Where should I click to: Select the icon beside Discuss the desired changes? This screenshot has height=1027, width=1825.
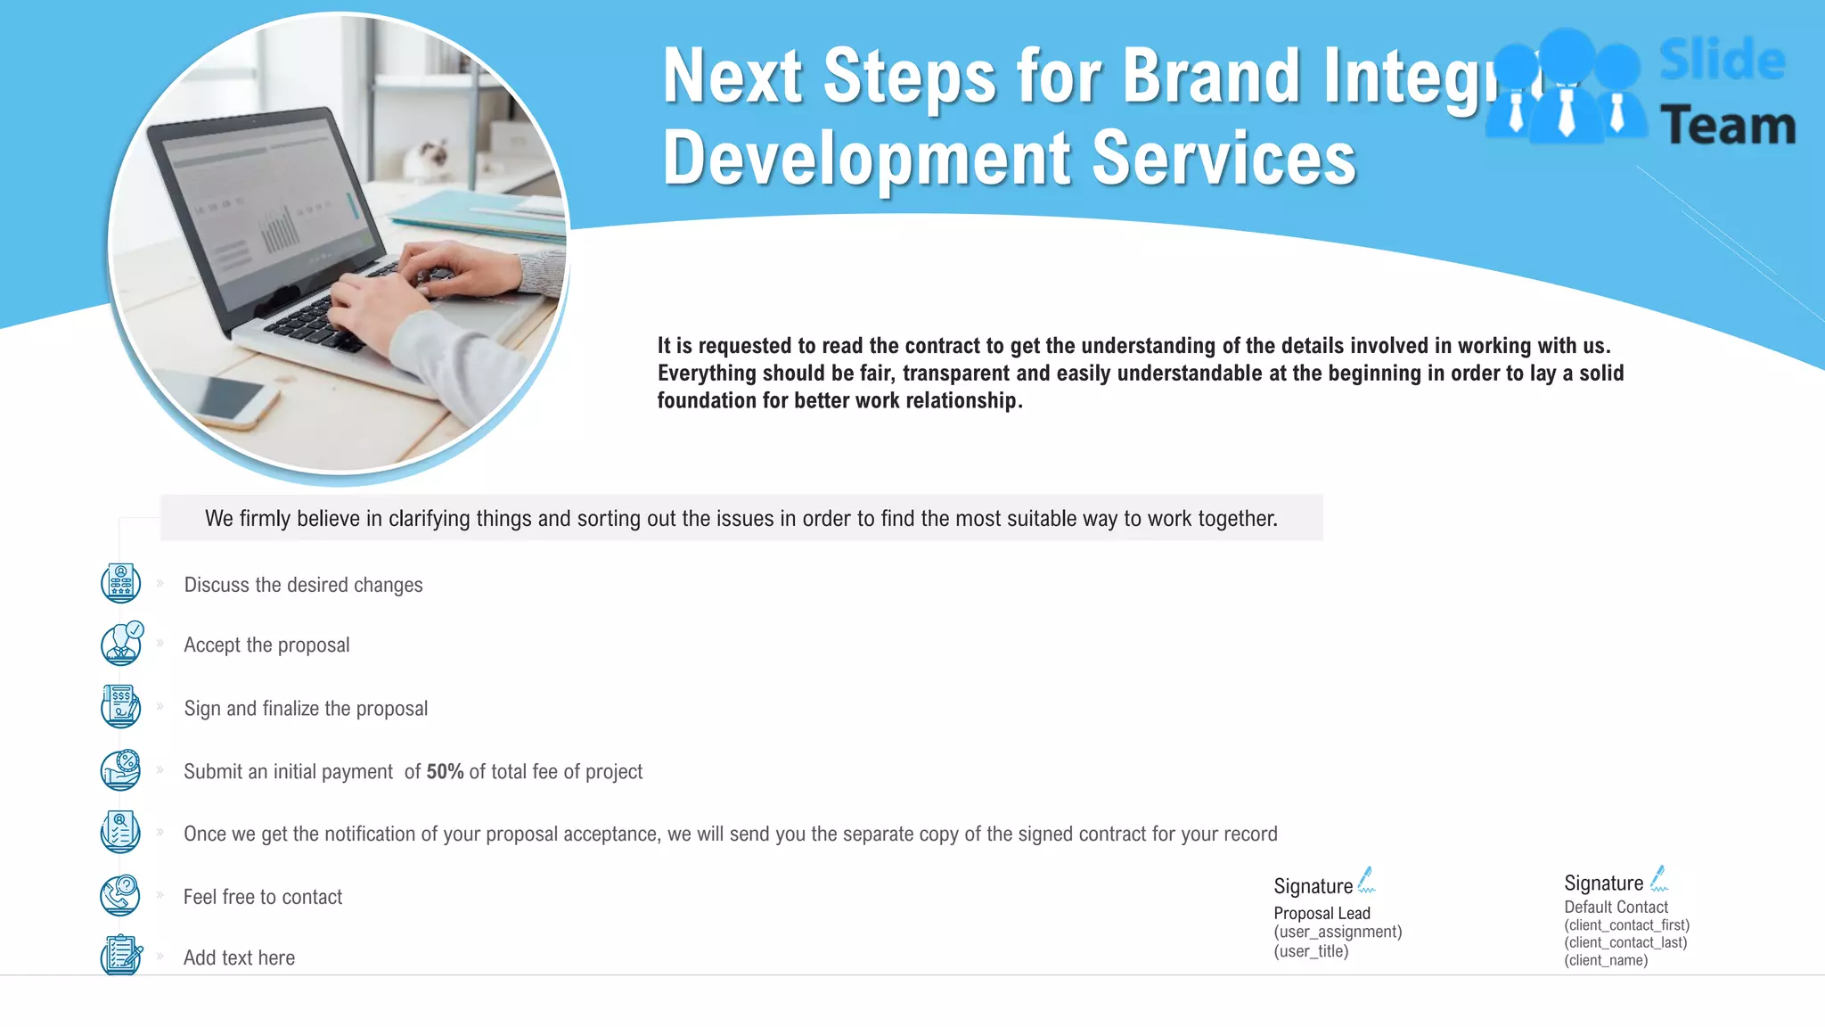click(x=120, y=583)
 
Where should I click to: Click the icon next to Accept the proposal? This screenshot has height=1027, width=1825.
click(x=121, y=644)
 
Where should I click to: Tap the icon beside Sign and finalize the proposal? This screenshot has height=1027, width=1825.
click(x=120, y=706)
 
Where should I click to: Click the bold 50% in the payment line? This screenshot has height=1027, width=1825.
click(x=445, y=772)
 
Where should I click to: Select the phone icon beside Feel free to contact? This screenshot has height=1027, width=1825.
click(x=120, y=895)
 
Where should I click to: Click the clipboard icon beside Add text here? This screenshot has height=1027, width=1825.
click(x=120, y=955)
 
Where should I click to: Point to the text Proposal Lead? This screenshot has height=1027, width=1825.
click(x=1322, y=913)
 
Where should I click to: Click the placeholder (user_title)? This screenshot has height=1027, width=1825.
click(x=1311, y=951)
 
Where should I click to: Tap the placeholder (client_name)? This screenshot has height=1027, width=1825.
click(x=1606, y=960)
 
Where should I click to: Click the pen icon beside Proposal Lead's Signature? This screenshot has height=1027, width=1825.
click(x=1366, y=880)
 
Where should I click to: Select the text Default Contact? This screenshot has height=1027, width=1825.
click(x=1616, y=907)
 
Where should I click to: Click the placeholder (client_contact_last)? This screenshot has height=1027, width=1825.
click(x=1625, y=942)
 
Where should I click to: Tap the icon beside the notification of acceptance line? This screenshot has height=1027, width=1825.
click(x=120, y=832)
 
